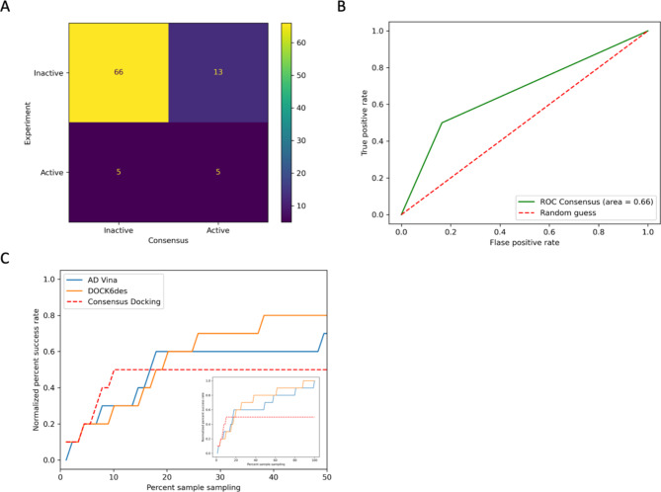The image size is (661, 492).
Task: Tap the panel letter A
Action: (8, 8)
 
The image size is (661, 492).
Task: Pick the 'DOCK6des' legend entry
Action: (110, 293)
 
